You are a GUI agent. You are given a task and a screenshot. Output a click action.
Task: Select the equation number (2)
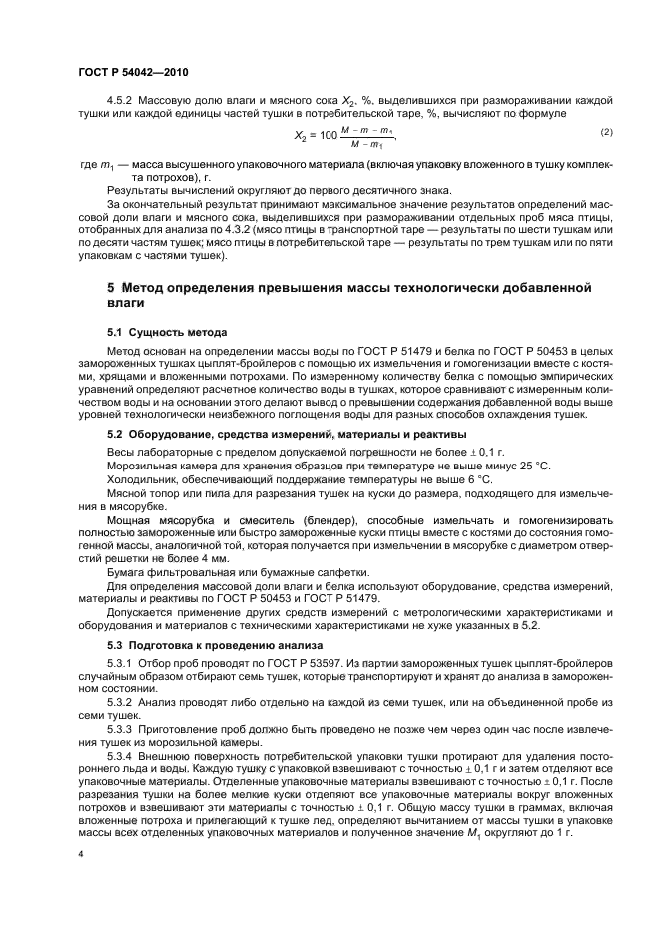(605, 132)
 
